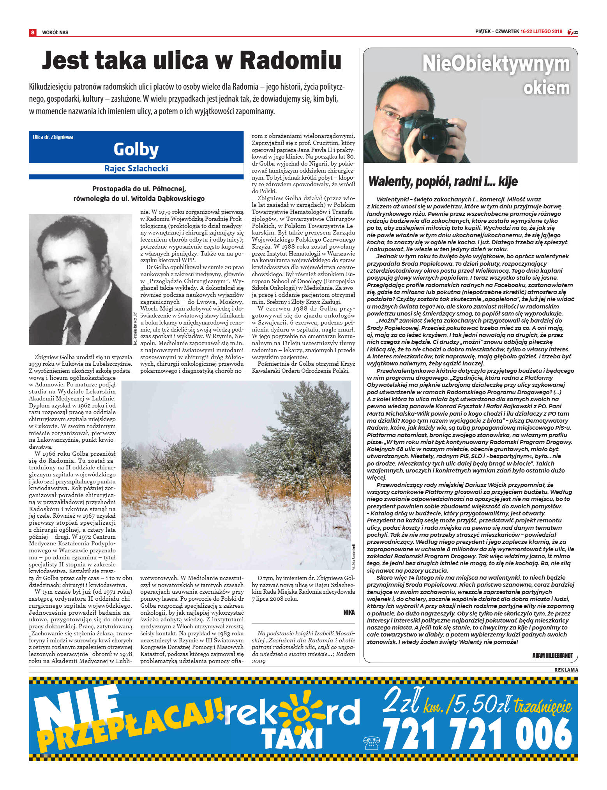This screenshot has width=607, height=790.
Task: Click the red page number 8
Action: (33, 32)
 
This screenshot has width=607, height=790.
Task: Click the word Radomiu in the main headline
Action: (290, 61)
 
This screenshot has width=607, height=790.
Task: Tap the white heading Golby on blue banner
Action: (136, 149)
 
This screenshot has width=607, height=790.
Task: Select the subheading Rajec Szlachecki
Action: (136, 168)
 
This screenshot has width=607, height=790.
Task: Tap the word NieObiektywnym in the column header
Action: (496, 64)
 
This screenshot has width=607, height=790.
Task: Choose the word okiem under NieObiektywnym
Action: (546, 88)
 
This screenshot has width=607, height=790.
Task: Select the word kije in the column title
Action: (508, 182)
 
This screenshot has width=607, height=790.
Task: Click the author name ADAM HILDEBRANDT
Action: (552, 656)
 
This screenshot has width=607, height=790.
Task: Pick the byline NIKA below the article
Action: (349, 612)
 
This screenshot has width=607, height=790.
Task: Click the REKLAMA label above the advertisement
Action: (566, 670)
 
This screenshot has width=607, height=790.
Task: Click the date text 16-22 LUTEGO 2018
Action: (541, 32)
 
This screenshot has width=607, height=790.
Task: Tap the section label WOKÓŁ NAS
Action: (55, 33)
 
